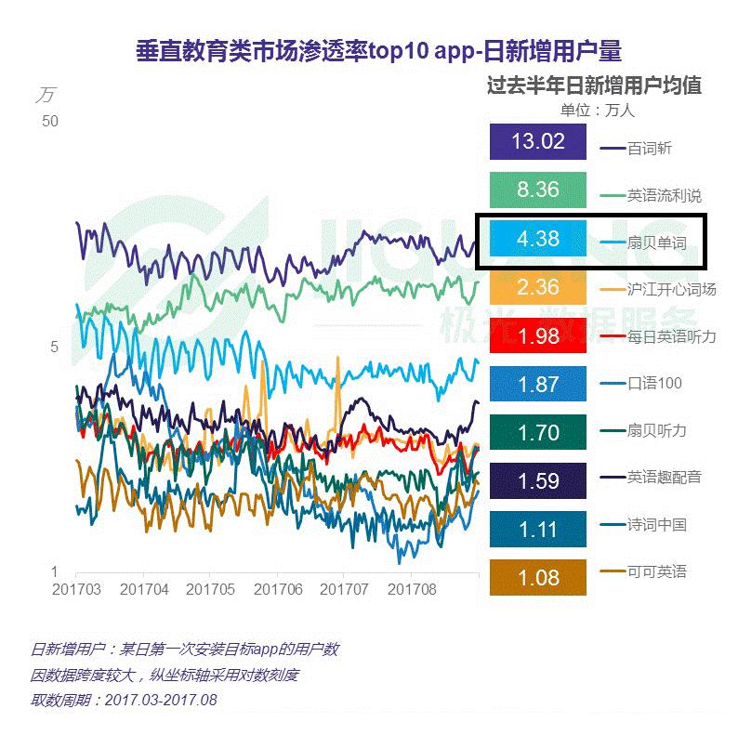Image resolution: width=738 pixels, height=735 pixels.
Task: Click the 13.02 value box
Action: point(537,142)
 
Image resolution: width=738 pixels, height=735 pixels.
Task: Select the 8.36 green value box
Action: point(537,190)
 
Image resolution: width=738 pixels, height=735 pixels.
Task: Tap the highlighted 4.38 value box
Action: point(537,239)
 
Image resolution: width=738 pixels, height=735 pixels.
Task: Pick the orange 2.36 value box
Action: point(537,287)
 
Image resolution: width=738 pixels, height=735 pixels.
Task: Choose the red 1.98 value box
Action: point(537,335)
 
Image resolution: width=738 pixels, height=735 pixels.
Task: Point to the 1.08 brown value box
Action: point(537,577)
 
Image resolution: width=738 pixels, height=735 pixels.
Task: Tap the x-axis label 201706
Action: point(277,589)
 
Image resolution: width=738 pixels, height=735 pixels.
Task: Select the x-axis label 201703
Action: point(75,589)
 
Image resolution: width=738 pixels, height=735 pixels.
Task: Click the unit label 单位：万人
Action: point(598,110)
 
